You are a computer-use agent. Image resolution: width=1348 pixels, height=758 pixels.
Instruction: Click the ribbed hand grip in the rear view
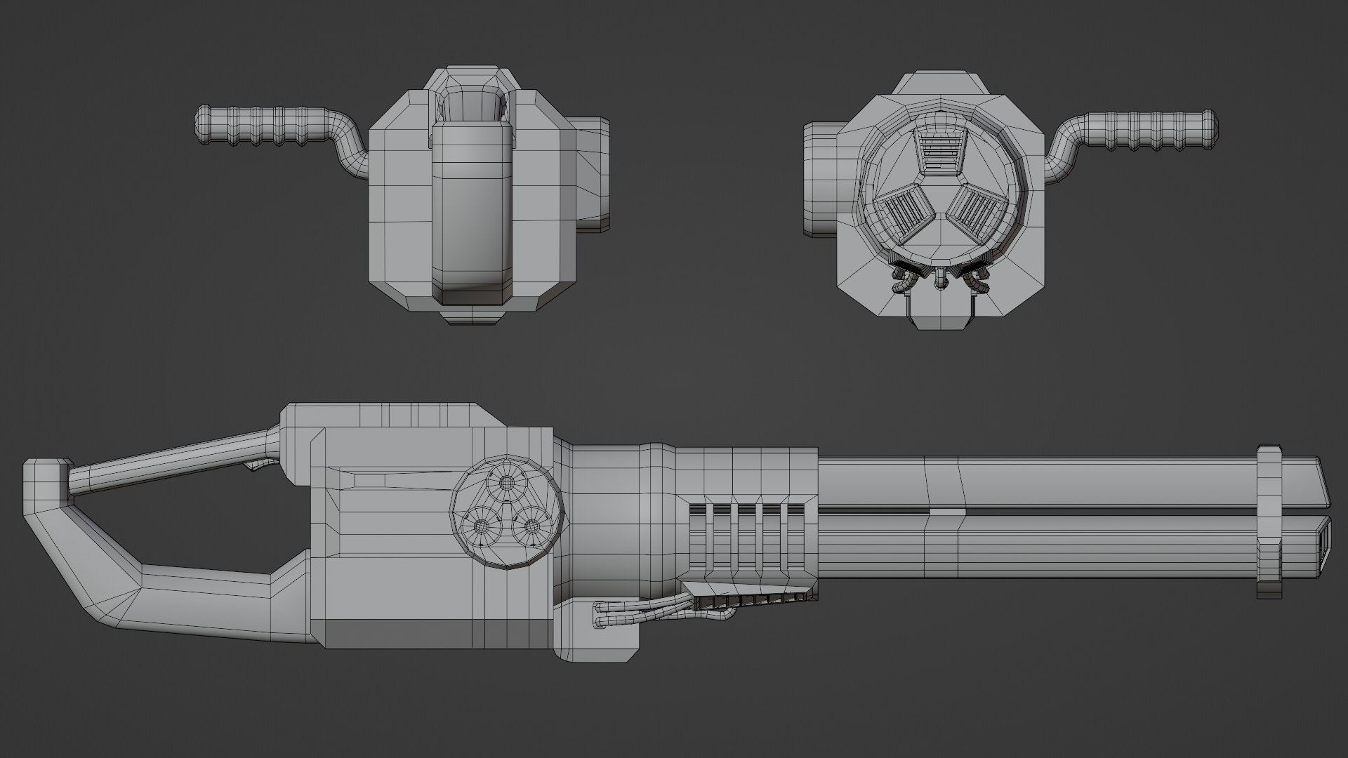[x=267, y=126]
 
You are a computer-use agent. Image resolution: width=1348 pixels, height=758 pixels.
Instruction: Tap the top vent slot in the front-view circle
[x=939, y=152]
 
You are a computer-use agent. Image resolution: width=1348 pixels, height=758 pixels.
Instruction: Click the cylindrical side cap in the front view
[x=819, y=178]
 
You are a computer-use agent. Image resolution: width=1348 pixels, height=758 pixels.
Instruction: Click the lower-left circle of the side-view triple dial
[x=482, y=526]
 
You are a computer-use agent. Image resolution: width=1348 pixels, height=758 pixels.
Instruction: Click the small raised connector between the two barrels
[x=944, y=512]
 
